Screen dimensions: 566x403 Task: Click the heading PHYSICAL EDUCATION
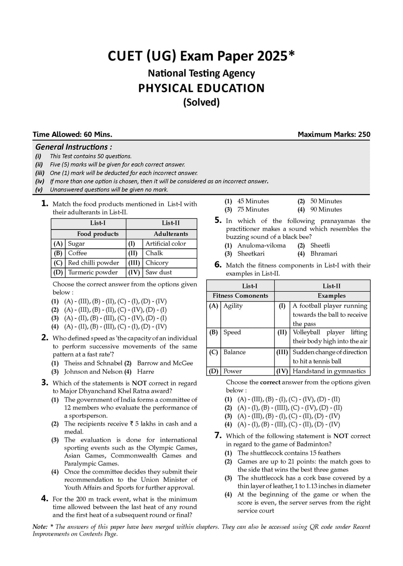201,88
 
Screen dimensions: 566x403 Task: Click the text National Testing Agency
201,73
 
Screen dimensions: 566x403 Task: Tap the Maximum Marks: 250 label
334,134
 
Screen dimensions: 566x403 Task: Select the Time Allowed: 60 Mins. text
72,134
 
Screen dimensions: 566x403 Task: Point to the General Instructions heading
74,147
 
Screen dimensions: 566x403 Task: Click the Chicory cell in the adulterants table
157,263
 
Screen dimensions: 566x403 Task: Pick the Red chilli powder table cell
93,263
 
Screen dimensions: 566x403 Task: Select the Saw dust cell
159,272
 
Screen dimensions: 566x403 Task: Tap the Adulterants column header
171,234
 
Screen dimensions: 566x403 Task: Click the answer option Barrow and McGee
165,363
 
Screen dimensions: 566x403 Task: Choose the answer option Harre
146,371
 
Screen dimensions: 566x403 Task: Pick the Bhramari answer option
324,254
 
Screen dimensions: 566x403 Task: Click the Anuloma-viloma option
261,245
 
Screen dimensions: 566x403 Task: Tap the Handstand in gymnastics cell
329,371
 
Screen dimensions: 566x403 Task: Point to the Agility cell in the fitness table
233,306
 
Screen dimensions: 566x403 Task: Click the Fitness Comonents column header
240,296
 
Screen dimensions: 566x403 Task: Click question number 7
218,436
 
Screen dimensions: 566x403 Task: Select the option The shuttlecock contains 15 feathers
289,453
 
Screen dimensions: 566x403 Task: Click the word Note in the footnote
39,527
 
